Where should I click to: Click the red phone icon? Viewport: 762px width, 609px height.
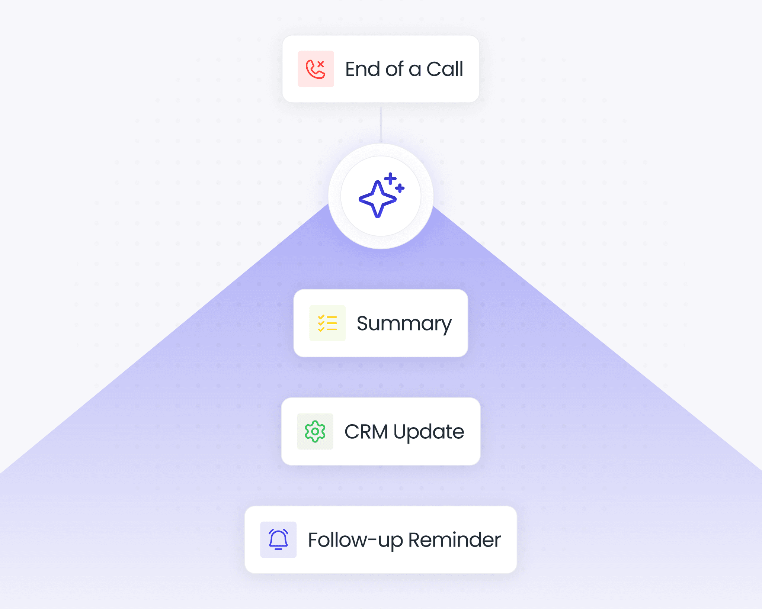tap(315, 70)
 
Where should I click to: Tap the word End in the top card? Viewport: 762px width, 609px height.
tap(363, 69)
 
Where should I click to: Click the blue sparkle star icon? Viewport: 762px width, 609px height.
tap(377, 199)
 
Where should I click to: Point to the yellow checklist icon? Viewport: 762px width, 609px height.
tap(327, 323)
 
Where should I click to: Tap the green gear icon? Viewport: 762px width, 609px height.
tap(315, 431)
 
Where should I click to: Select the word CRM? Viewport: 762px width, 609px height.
tap(366, 432)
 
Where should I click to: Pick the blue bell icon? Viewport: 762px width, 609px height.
tap(278, 539)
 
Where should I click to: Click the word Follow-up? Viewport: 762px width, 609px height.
tap(355, 540)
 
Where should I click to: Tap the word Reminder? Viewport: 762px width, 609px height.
tap(454, 540)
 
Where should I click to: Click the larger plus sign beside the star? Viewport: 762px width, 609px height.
tap(390, 179)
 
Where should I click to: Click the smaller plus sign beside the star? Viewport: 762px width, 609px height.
tap(400, 188)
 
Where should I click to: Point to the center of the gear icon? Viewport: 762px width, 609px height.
tap(315, 432)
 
